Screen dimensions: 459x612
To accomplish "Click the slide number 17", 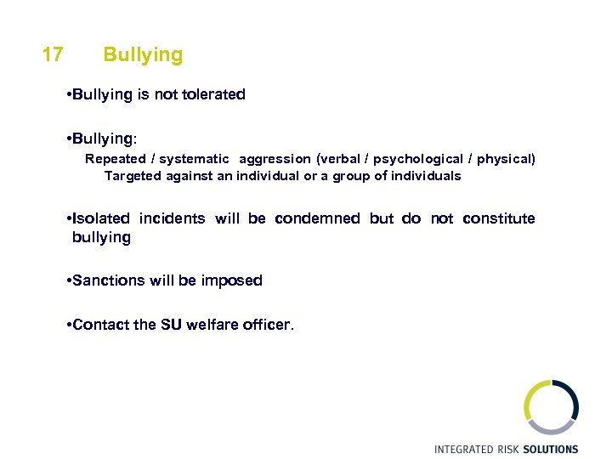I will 52,55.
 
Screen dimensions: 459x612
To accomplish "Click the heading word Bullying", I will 143,55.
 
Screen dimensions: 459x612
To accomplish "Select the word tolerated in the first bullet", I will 212,95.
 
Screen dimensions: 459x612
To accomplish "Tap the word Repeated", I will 116,159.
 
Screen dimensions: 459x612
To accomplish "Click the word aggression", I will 275,159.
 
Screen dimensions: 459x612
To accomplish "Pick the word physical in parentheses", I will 506,159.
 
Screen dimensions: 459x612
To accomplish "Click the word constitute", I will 499,219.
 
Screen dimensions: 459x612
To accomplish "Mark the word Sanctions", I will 109,280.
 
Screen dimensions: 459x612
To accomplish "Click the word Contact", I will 102,325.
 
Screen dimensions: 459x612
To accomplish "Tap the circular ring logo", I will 550,406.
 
